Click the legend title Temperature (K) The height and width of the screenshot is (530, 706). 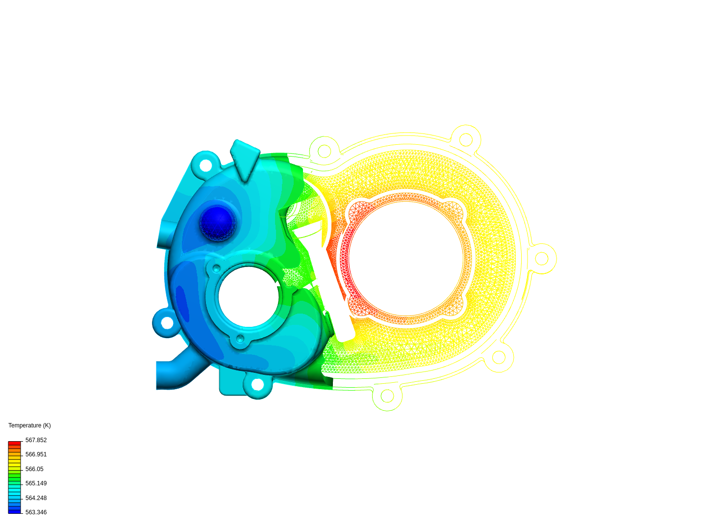tap(29, 425)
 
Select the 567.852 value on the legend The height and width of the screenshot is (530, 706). tap(36, 440)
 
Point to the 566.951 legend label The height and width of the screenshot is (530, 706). tap(36, 454)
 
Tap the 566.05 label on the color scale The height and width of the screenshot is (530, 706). tap(34, 469)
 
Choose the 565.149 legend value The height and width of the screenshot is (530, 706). tap(36, 483)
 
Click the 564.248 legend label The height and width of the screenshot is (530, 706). tap(36, 498)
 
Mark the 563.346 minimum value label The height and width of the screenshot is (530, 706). tap(36, 512)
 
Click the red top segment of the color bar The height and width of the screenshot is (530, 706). tap(15, 443)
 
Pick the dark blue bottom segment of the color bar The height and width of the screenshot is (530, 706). tap(15, 511)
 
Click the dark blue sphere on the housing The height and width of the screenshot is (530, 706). tap(218, 222)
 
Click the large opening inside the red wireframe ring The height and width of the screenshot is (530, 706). tap(405, 258)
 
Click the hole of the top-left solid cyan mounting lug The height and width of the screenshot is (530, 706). tap(206, 165)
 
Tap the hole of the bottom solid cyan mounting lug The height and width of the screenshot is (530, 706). tap(257, 384)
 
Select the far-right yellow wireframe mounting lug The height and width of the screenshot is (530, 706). tap(542, 259)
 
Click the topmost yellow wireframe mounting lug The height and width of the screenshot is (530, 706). tap(465, 140)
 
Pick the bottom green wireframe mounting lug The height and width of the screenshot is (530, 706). tap(387, 396)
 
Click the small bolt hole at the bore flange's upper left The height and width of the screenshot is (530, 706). tap(216, 268)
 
